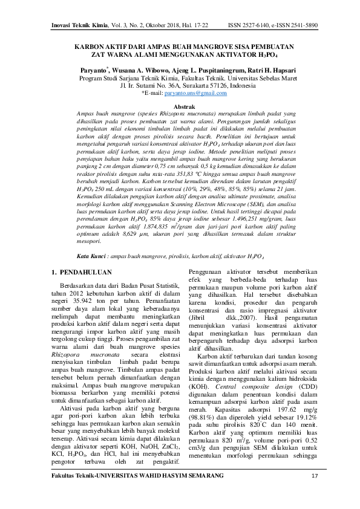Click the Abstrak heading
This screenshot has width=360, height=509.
[180, 106]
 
